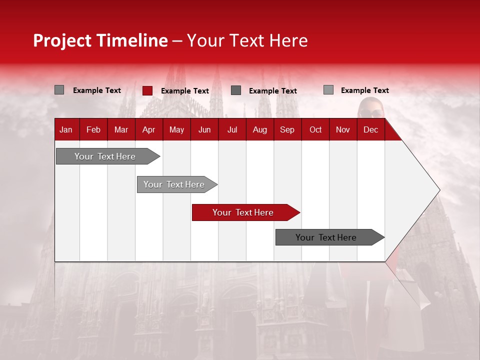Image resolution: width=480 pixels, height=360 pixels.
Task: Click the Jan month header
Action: coord(66,130)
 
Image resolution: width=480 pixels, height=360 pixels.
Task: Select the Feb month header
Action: coord(93,130)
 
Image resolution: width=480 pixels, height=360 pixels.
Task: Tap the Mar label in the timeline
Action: coord(121,130)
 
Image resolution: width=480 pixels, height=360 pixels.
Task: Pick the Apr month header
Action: coord(148,130)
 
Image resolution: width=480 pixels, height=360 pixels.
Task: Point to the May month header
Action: coord(176,130)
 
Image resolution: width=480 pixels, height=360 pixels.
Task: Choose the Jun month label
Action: coord(204,130)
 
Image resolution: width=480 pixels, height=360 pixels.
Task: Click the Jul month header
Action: coord(232,130)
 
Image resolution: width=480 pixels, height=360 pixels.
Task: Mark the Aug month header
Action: coord(260,130)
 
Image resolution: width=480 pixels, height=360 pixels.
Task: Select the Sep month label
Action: coord(287,130)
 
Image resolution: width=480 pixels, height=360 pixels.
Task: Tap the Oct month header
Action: coord(315,130)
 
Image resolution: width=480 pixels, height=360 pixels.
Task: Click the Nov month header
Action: coord(343,130)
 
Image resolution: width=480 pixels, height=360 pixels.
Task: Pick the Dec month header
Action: coord(370,130)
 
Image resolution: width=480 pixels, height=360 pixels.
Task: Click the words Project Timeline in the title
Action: coord(100,40)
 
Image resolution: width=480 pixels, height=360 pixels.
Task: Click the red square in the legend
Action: coord(147,90)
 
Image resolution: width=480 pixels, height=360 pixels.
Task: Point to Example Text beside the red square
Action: coord(185,91)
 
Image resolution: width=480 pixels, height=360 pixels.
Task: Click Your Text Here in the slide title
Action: coord(247,40)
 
